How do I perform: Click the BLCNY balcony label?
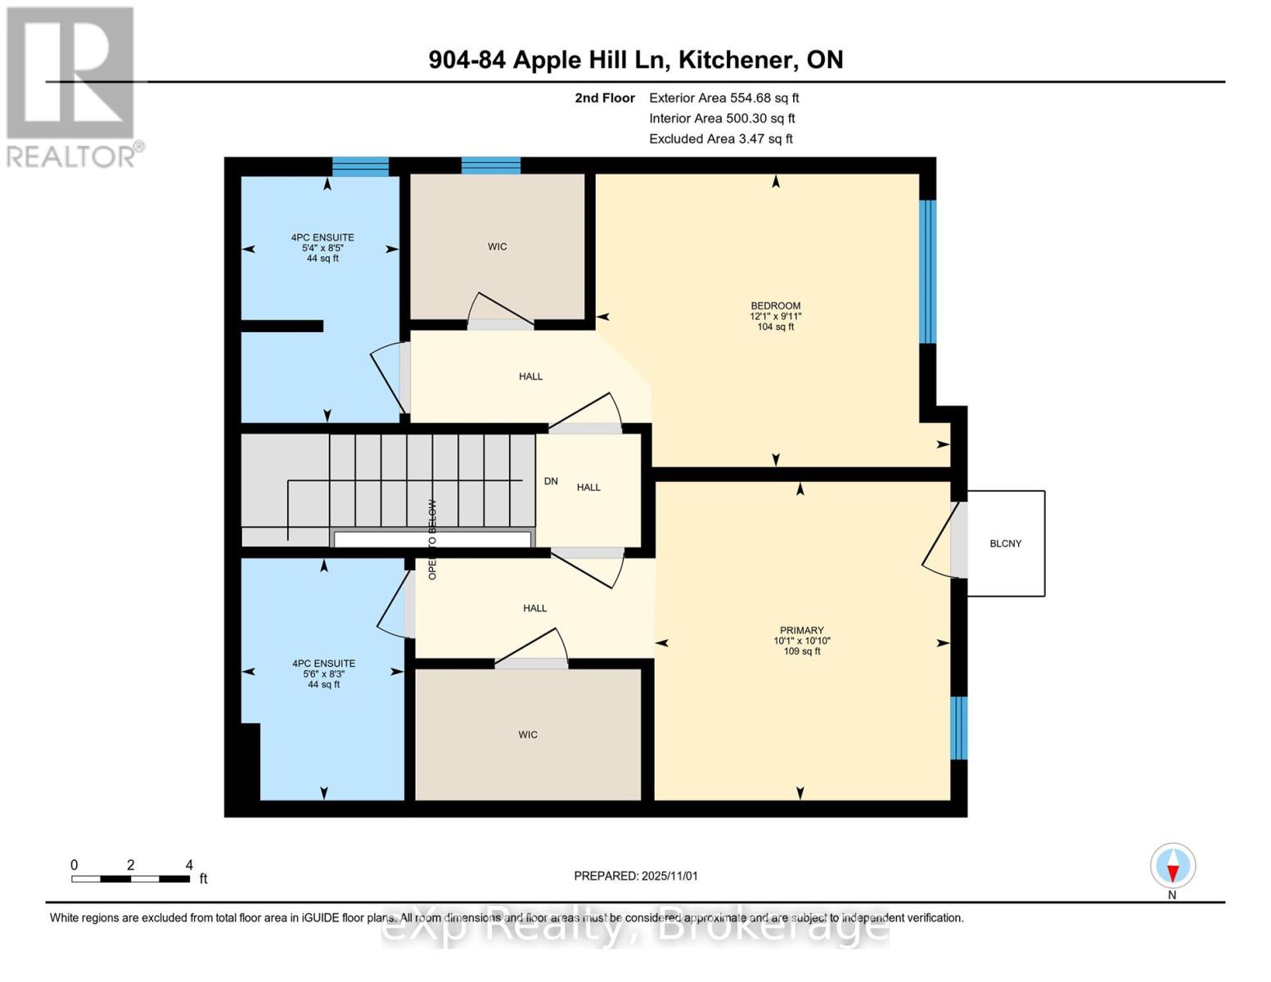click(1005, 543)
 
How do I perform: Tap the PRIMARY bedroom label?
click(801, 630)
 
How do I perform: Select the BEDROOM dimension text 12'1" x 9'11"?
click(775, 316)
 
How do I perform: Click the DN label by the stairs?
click(551, 481)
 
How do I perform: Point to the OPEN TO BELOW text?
click(432, 539)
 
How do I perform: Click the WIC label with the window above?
click(497, 246)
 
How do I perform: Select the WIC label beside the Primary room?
click(528, 735)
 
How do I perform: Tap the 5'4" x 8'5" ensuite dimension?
click(322, 248)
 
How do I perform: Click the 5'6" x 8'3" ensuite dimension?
click(323, 674)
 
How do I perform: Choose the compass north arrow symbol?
click(1173, 867)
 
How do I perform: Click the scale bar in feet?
click(131, 879)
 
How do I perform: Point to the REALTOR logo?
click(72, 87)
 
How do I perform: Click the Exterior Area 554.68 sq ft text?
click(723, 97)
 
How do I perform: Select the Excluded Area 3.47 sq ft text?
click(720, 139)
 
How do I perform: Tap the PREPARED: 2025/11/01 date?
click(635, 876)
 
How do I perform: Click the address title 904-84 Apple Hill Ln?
click(635, 60)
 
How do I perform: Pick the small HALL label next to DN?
click(588, 487)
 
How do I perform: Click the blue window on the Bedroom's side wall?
click(927, 271)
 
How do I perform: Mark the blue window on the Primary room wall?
click(958, 727)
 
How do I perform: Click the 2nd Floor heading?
click(604, 97)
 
